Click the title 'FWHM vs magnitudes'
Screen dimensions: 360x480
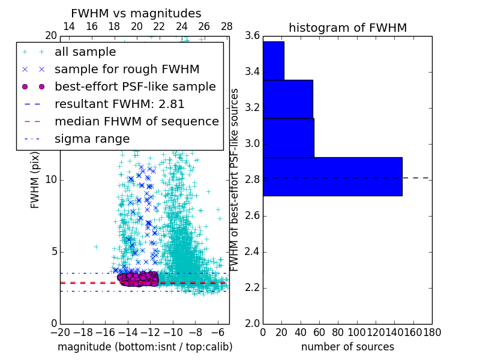[136, 13]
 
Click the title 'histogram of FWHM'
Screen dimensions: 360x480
[347, 28]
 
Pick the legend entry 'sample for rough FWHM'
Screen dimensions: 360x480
[127, 70]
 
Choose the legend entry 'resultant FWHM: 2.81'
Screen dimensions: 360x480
[119, 104]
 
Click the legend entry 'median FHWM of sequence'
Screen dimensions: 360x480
[136, 121]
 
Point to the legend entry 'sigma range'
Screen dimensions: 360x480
[92, 139]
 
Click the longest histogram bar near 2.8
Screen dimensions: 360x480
[332, 176]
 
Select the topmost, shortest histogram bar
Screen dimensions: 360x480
[273, 60]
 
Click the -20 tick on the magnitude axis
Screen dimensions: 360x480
[60, 332]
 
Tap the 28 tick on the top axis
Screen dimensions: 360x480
[227, 26]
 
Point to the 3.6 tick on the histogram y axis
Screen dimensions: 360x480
[252, 36]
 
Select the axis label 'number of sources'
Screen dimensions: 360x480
[347, 347]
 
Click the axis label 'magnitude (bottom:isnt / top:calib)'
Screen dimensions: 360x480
[145, 347]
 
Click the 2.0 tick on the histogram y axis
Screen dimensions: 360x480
[252, 323]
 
